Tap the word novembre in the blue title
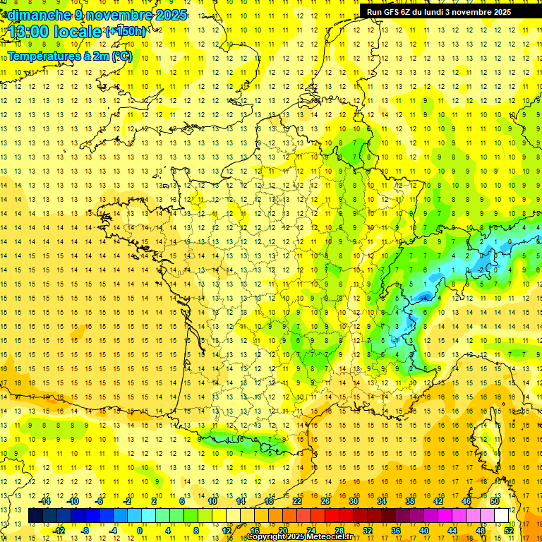pos(112,15)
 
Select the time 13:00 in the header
pos(28,32)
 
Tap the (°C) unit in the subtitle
pos(121,56)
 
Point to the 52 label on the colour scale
pos(509,530)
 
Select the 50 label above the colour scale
pos(495,501)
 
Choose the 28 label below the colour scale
pos(339,530)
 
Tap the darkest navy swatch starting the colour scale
pos(35,515)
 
